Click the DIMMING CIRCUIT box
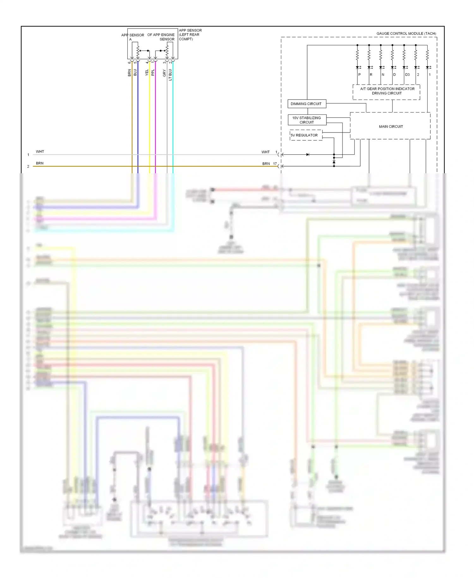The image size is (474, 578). (x=306, y=104)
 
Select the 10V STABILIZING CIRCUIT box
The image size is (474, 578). (x=307, y=120)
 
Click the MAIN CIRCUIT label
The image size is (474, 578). (x=391, y=126)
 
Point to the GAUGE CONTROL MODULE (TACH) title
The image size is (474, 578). (x=406, y=34)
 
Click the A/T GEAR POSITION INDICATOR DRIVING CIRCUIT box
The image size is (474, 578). (x=387, y=91)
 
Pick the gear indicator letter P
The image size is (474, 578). (x=359, y=75)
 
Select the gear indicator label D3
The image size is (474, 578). (x=407, y=75)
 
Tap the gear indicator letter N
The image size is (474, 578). (x=383, y=75)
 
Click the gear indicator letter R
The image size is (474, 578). (x=371, y=75)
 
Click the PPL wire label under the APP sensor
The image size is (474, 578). (x=153, y=73)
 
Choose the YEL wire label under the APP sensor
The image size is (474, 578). (x=147, y=73)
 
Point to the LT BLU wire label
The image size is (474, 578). (x=170, y=75)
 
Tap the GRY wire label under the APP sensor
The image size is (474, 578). (x=165, y=73)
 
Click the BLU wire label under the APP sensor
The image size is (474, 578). (x=135, y=73)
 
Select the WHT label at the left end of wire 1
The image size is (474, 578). (x=40, y=152)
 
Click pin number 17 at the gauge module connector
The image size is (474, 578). (x=275, y=164)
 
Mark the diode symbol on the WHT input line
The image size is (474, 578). (x=307, y=155)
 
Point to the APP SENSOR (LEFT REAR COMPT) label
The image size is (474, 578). (x=190, y=35)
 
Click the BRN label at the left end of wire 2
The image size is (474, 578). (x=39, y=163)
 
